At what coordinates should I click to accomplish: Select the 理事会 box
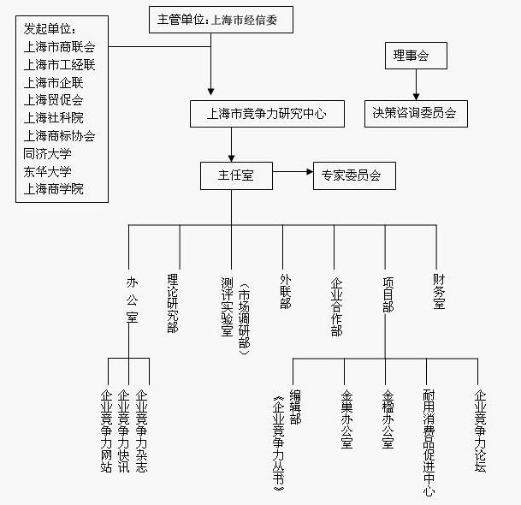coord(410,57)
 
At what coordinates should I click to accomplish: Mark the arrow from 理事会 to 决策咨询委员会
coord(417,84)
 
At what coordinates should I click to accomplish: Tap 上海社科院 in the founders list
coord(53,118)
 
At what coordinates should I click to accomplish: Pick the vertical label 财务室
coord(438,291)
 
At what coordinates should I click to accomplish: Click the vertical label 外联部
coord(284,291)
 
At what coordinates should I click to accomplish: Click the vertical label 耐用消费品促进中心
coord(428,442)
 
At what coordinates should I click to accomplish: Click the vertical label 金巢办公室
coord(346,419)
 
